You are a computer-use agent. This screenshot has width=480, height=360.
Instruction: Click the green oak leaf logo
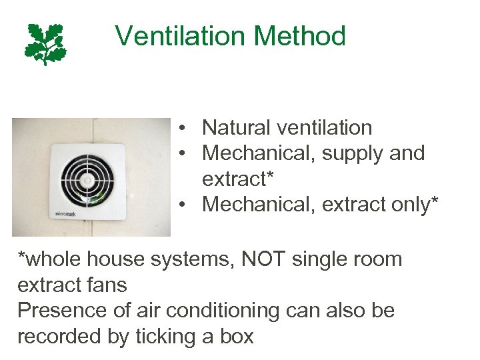[x=45, y=43]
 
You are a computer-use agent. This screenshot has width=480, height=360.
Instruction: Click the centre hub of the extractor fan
[x=87, y=179]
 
